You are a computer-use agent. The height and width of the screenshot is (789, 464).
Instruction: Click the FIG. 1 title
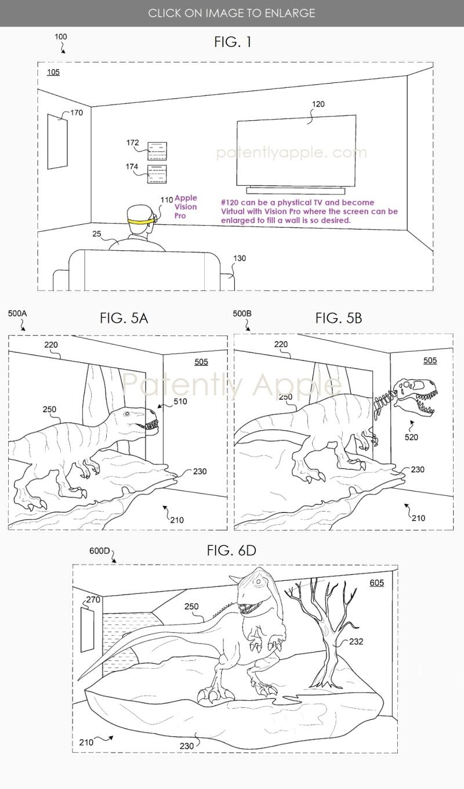tap(233, 42)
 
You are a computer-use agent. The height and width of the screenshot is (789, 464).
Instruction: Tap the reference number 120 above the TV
tap(318, 105)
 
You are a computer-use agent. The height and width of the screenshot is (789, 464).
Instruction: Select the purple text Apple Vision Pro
tap(186, 207)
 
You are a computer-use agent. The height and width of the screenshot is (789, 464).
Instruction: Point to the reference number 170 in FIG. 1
tap(77, 113)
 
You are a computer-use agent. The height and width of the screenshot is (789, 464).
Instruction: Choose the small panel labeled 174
tap(157, 174)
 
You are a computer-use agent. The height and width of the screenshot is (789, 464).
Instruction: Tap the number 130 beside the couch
tap(239, 258)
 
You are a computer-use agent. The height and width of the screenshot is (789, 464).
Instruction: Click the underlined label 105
tap(53, 73)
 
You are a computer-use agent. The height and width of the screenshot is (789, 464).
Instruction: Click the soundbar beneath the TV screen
tap(296, 190)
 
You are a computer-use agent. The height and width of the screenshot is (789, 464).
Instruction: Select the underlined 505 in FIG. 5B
tap(430, 361)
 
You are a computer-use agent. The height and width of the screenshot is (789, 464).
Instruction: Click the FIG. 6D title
tap(231, 550)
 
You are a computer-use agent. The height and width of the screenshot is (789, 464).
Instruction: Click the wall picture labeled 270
tap(86, 629)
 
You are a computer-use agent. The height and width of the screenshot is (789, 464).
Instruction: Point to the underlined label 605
tap(376, 582)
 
